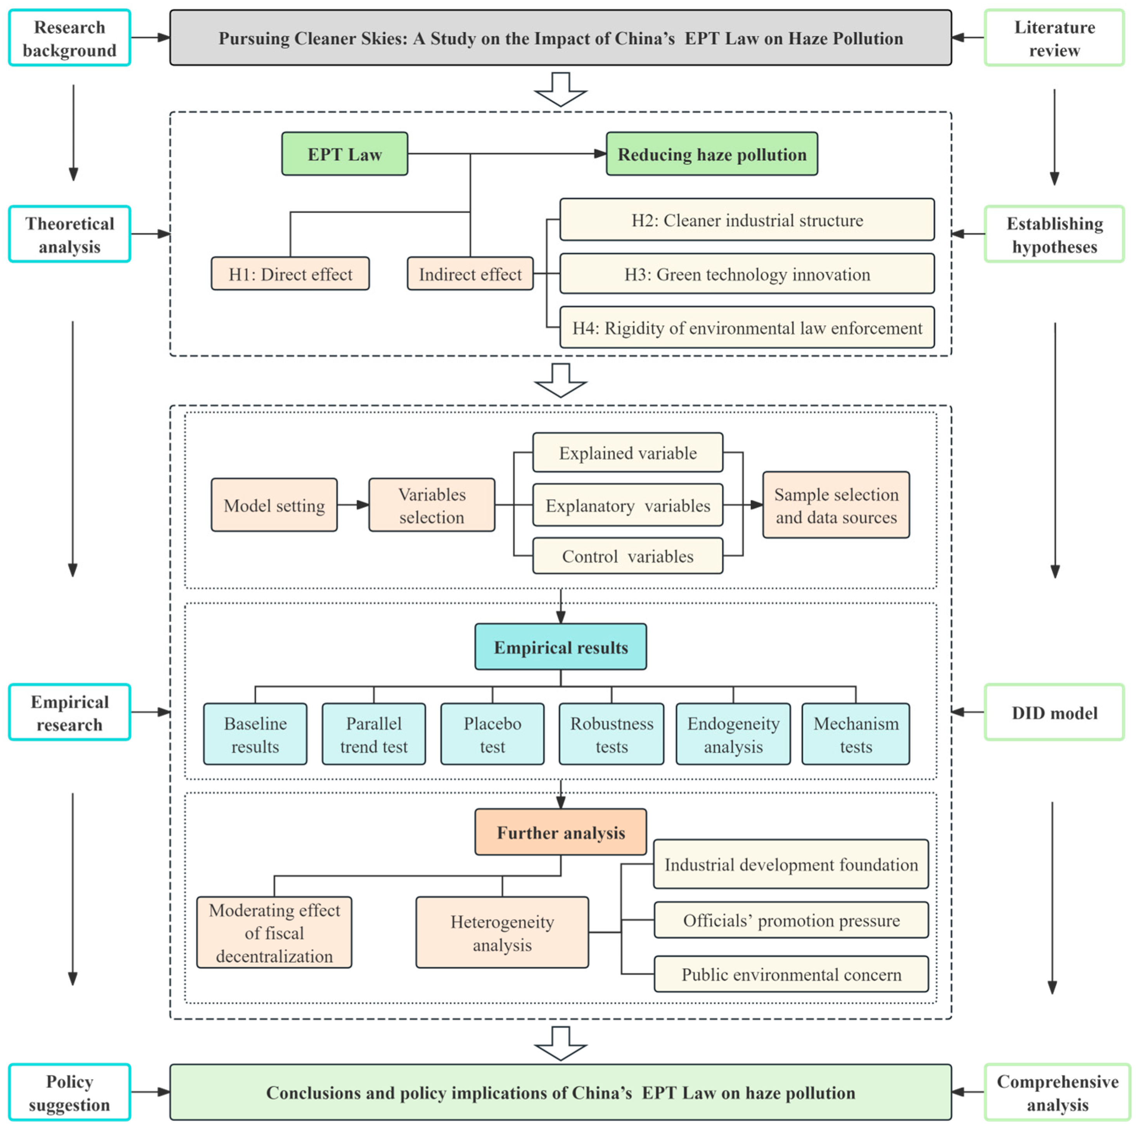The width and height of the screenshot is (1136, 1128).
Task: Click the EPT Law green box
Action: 344,154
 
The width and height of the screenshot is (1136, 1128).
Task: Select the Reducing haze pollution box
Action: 712,154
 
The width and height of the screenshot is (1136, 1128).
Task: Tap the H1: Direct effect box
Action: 290,274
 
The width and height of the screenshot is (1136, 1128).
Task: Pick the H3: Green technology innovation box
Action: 747,274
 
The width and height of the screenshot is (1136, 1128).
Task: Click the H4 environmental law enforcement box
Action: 747,327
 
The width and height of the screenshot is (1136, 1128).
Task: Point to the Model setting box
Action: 274,505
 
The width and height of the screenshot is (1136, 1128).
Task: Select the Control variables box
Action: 627,556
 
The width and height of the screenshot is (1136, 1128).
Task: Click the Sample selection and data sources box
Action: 835,505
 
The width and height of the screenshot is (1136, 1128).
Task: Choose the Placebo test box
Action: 492,734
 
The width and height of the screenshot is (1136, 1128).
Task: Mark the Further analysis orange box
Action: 560,832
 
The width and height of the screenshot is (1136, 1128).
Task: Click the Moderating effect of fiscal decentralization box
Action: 274,932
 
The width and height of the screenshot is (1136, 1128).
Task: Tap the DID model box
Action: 1054,712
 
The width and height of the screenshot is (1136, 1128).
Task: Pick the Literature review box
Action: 1054,38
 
